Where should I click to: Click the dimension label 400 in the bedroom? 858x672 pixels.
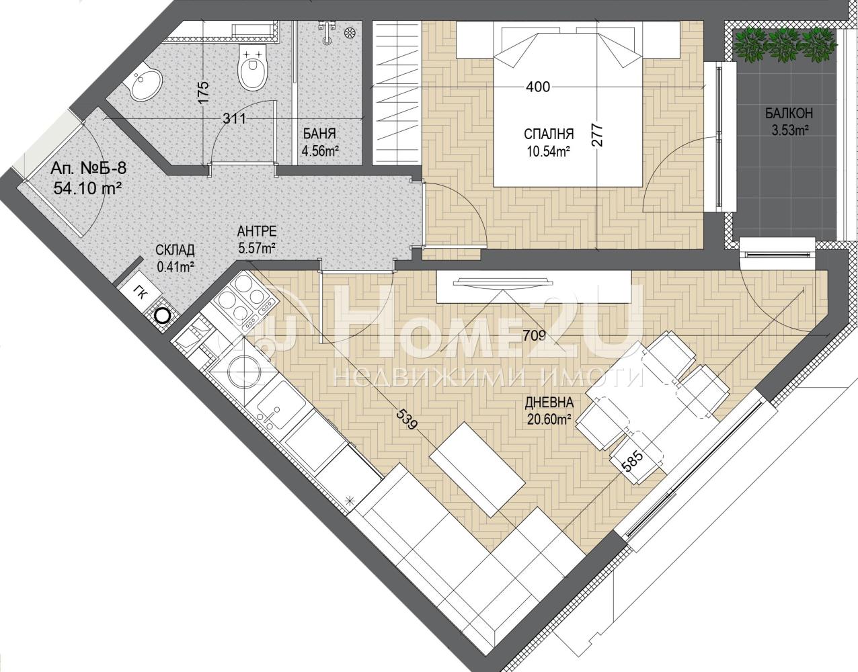click(x=538, y=87)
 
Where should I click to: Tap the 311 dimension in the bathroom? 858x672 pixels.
click(x=235, y=118)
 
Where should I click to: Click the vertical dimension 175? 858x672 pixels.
click(x=202, y=93)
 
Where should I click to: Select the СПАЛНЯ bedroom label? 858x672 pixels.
click(x=549, y=134)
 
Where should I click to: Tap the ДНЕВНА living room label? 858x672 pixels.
click(x=549, y=403)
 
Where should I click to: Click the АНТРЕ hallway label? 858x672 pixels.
click(x=257, y=230)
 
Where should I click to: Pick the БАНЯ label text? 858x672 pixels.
click(x=319, y=134)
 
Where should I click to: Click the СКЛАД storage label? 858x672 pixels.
click(x=175, y=250)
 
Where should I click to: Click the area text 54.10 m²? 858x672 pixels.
click(x=87, y=188)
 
